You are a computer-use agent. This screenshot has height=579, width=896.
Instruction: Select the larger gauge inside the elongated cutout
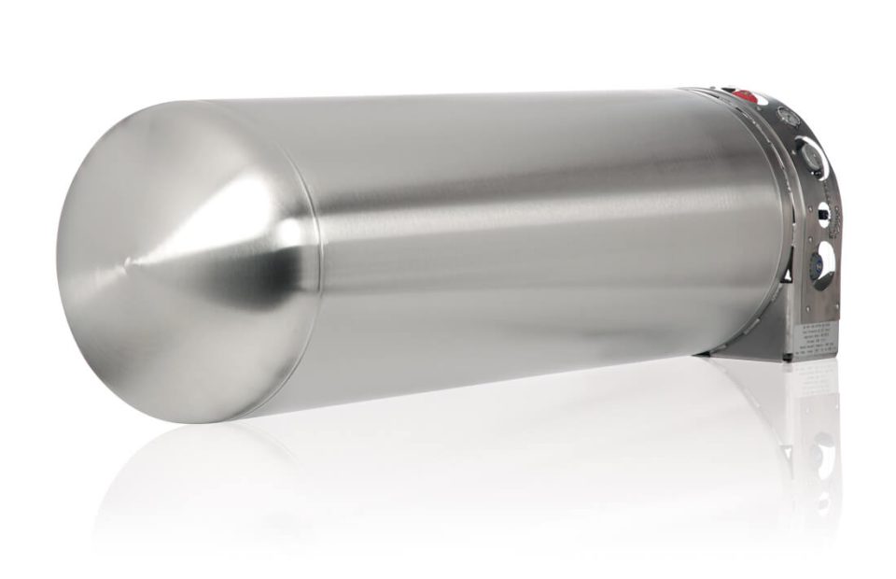(810, 154)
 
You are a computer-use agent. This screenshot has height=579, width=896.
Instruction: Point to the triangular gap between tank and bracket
(789, 276)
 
